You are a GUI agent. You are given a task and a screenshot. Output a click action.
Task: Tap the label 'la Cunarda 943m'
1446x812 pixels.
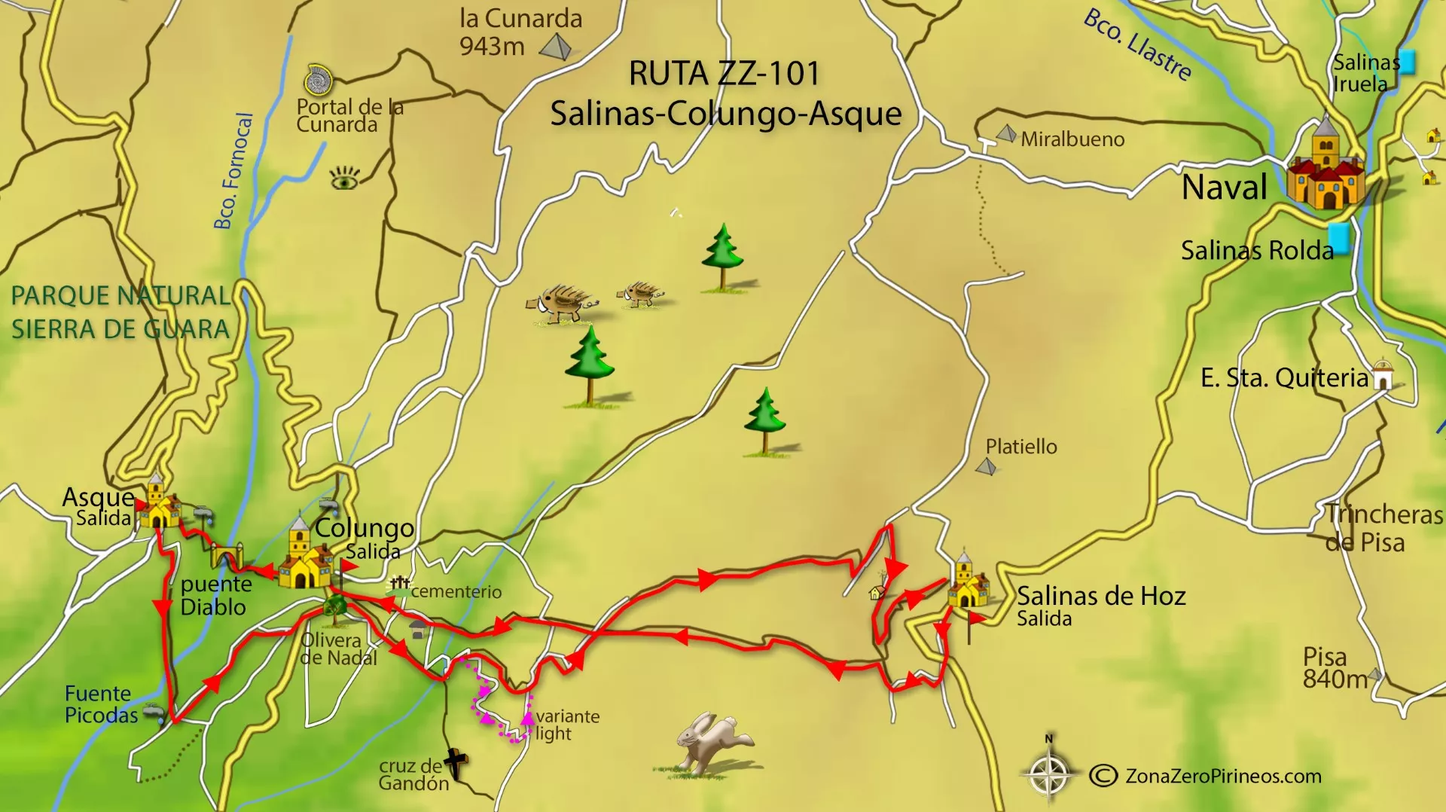[x=520, y=32]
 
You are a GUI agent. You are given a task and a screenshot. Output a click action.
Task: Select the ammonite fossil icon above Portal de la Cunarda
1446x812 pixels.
[x=318, y=80]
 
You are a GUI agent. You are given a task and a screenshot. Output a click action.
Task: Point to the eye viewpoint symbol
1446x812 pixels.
[x=344, y=179]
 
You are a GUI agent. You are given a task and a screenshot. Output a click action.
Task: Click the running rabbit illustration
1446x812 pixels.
[x=712, y=742]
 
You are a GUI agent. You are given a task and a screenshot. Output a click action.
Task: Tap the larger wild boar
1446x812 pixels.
[x=562, y=304]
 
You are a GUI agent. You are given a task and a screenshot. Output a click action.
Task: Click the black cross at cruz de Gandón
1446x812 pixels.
[x=456, y=764]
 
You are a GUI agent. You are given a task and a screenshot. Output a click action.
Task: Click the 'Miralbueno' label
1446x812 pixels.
[x=1072, y=139]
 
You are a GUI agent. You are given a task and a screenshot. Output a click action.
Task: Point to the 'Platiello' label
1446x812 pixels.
[x=1021, y=447]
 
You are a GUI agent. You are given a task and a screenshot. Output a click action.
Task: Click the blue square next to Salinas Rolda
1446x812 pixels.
[x=1338, y=239]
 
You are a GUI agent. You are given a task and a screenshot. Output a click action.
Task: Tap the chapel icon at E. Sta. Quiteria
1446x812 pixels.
[x=1383, y=374]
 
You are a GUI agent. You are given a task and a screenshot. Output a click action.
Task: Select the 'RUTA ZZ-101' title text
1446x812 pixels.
[x=724, y=74]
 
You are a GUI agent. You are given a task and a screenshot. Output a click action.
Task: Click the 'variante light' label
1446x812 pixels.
[x=567, y=725]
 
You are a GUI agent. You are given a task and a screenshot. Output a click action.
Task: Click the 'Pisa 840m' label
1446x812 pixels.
[x=1334, y=668]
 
